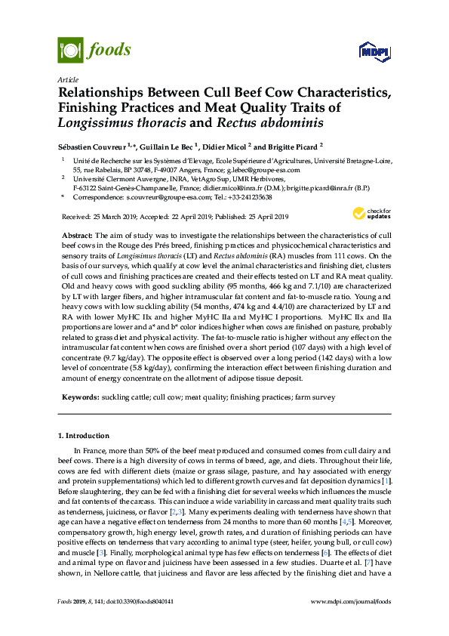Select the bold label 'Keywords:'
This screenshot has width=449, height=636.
pos(80,397)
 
